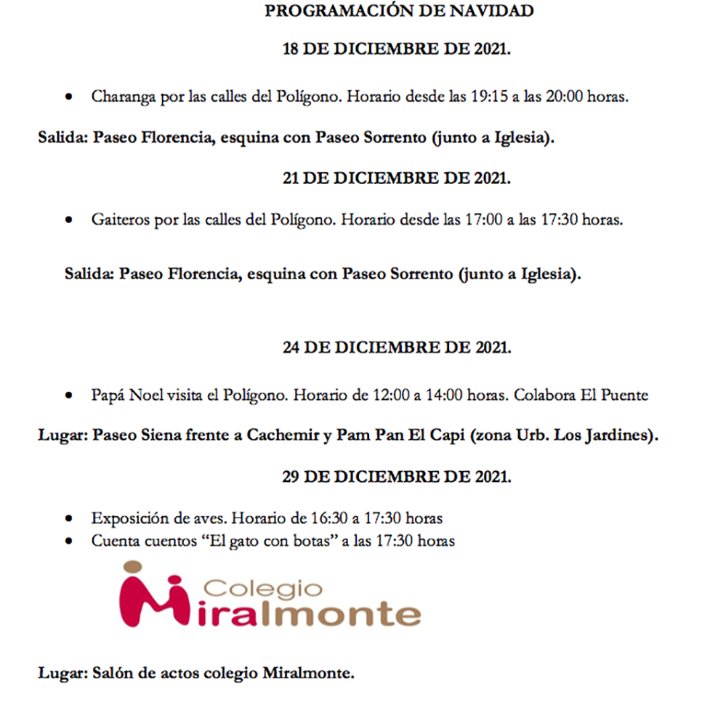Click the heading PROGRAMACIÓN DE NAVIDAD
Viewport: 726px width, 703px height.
(398, 11)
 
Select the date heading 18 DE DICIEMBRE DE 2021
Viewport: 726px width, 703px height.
(397, 49)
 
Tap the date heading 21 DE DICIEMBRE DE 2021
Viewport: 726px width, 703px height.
(397, 178)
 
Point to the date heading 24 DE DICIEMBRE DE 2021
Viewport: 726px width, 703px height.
(397, 348)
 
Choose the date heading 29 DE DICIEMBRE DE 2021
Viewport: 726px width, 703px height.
(397, 477)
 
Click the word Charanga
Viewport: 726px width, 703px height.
(119, 97)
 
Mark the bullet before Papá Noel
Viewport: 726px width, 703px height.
(70, 396)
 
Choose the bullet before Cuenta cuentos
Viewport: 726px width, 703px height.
(70, 542)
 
